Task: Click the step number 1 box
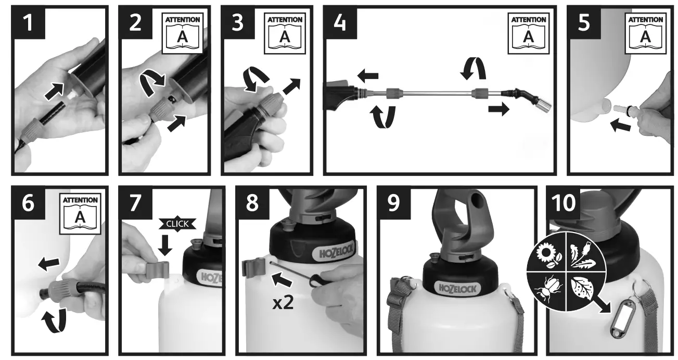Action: tap(28, 22)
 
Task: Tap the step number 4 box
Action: tap(340, 22)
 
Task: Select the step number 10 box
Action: tap(564, 202)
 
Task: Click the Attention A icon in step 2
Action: tap(182, 33)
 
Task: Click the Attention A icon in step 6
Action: tap(80, 214)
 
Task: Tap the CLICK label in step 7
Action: tap(177, 224)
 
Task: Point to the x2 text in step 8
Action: tap(283, 303)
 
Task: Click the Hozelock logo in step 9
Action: tap(457, 289)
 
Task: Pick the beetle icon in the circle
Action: tap(548, 289)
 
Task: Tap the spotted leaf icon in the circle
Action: tap(582, 289)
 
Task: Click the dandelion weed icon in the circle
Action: tap(583, 255)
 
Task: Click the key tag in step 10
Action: tap(620, 318)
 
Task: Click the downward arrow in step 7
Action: tap(165, 246)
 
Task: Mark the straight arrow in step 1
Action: tap(55, 91)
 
